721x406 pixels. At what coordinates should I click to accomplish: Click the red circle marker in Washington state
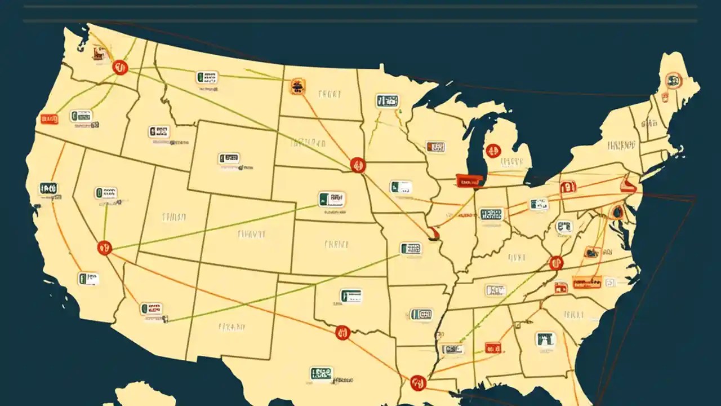(x=120, y=68)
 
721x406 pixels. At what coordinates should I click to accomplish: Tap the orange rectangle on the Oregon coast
(x=49, y=119)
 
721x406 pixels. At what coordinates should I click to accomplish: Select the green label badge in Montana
(x=207, y=77)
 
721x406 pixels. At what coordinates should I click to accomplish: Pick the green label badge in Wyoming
(x=229, y=158)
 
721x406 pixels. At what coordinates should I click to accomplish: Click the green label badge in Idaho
(x=159, y=131)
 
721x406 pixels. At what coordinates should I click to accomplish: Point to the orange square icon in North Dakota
(x=297, y=86)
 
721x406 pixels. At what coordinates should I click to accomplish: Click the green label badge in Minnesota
(x=387, y=101)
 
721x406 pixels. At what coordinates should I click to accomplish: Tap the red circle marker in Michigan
(x=493, y=151)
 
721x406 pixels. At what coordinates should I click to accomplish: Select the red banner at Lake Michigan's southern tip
(x=469, y=180)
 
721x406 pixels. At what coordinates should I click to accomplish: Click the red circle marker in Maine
(x=673, y=81)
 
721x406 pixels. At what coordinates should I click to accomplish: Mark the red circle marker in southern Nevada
(x=104, y=247)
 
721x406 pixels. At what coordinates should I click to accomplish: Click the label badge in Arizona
(x=151, y=308)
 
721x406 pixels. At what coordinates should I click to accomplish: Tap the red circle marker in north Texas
(x=342, y=333)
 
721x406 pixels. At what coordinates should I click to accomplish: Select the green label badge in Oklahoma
(x=351, y=295)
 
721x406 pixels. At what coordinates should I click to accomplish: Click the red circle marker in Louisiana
(x=417, y=383)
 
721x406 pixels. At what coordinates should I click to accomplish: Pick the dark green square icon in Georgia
(x=545, y=339)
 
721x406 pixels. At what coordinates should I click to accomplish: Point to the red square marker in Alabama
(x=493, y=348)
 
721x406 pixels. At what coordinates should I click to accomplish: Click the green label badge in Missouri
(x=411, y=248)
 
